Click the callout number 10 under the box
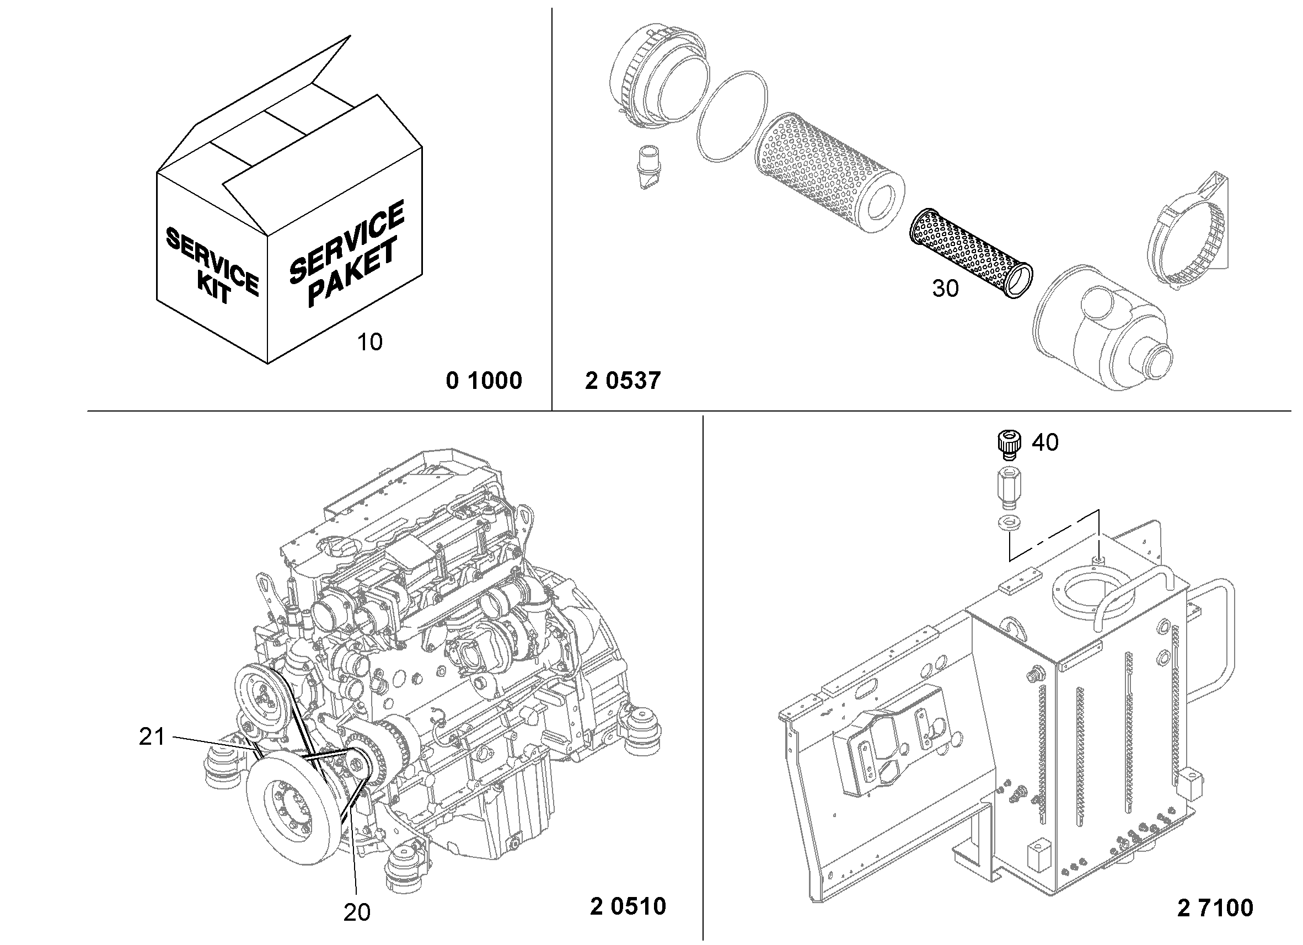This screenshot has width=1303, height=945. point(369,342)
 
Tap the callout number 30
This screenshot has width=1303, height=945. point(945,289)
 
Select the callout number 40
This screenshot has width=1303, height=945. point(1045,442)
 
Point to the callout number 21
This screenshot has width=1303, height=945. point(152,737)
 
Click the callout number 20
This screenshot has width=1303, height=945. point(357,912)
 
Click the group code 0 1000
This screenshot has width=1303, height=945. point(484,381)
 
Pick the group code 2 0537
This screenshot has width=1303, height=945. point(623,381)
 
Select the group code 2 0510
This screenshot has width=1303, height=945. point(628,906)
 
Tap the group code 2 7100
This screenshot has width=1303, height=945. point(1215,908)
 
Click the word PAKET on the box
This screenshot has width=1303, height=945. point(352,272)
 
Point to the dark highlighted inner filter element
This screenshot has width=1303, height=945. point(971,252)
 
